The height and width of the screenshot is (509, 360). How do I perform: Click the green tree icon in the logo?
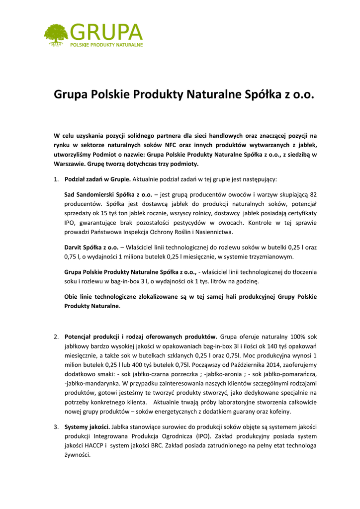coord(56,33)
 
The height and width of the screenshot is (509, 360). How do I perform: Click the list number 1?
coord(56,179)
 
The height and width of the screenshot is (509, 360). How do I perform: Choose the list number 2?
coord(56,337)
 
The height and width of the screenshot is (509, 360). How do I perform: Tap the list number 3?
coord(56,426)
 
